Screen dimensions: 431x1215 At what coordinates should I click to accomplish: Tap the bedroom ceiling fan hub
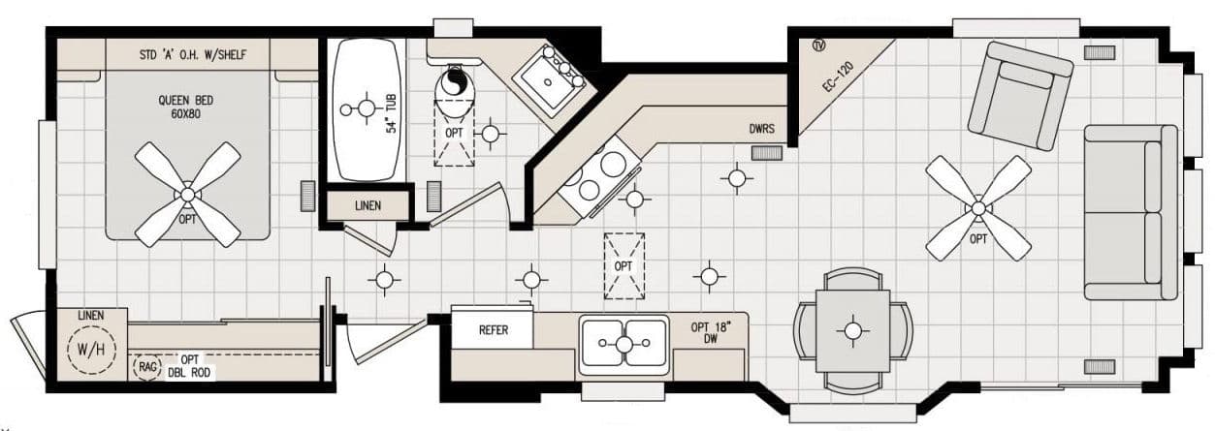[x=187, y=195]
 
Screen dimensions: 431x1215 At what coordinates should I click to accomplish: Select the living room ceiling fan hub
[x=977, y=207]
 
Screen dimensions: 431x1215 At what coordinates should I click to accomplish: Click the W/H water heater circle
[x=91, y=348]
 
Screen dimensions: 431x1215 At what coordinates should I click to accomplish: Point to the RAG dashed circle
[x=147, y=368]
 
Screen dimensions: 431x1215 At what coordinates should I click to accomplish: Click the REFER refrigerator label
[x=494, y=330]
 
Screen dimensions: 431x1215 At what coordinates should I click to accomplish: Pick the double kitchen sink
[x=624, y=343]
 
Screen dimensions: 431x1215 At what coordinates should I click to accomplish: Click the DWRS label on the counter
[x=762, y=128]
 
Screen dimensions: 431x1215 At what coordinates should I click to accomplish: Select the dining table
[x=852, y=331]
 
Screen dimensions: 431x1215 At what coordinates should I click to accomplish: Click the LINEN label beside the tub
[x=368, y=206]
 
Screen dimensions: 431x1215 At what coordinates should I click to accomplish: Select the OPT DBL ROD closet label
[x=190, y=366]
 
